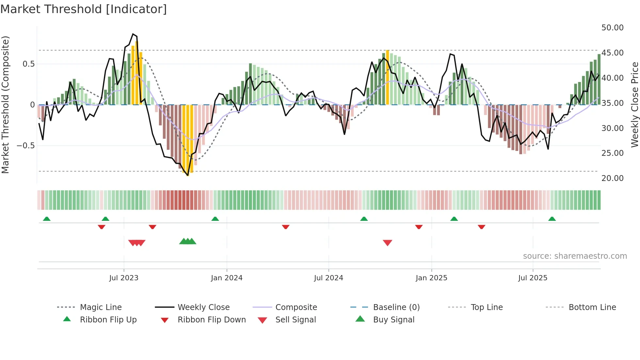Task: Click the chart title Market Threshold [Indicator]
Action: (x=84, y=9)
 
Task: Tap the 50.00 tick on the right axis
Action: (x=612, y=28)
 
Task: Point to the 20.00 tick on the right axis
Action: (x=612, y=178)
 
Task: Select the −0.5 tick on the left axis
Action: (x=25, y=146)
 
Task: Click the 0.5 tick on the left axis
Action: (x=28, y=64)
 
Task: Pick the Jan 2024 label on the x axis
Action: (x=227, y=278)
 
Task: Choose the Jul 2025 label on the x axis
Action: (x=533, y=278)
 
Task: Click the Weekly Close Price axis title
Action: (x=634, y=105)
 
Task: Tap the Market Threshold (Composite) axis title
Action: (x=6, y=105)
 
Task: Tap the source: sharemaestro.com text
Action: (x=575, y=256)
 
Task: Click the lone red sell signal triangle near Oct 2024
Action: (x=387, y=243)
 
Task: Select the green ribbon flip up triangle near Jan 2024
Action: (x=215, y=219)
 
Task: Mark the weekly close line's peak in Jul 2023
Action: (x=133, y=34)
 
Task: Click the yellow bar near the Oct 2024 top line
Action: (x=387, y=78)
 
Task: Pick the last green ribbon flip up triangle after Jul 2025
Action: (x=552, y=219)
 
